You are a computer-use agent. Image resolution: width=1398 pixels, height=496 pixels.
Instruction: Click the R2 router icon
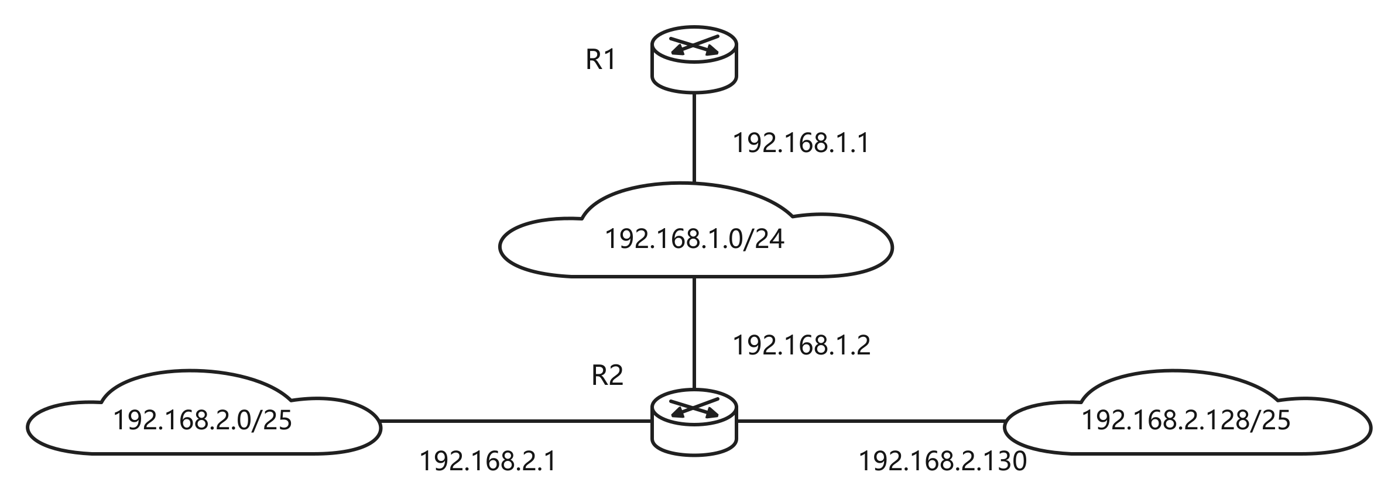pyautogui.click(x=694, y=421)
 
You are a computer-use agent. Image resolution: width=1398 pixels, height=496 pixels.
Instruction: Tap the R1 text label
pyautogui.click(x=601, y=60)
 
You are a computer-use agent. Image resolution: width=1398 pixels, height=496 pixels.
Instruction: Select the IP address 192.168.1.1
pyautogui.click(x=801, y=143)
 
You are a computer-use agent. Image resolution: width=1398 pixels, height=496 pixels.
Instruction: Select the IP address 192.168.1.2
pyautogui.click(x=802, y=346)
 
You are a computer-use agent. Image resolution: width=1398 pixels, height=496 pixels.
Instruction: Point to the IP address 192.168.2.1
pyautogui.click(x=488, y=461)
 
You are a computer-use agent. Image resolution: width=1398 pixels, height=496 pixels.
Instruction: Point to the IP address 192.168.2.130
pyautogui.click(x=943, y=461)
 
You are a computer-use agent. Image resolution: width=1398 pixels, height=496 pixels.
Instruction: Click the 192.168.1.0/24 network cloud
pyautogui.click(x=695, y=230)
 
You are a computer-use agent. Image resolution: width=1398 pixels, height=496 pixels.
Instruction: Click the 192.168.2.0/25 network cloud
pyautogui.click(x=204, y=412)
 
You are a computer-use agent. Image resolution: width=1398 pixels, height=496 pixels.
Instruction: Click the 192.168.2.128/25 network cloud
pyautogui.click(x=1187, y=412)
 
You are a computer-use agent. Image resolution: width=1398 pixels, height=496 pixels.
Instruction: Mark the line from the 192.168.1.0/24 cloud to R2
pyautogui.click(x=694, y=332)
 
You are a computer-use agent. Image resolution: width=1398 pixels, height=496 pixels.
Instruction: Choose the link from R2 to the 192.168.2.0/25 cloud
pyautogui.click(x=516, y=421)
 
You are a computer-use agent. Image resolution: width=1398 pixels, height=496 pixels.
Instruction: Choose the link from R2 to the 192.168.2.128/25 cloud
pyautogui.click(x=871, y=421)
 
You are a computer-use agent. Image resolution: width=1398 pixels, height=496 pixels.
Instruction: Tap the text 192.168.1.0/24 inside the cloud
pyautogui.click(x=694, y=239)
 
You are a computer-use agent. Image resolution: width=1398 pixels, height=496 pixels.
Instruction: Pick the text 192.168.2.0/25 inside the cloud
pyautogui.click(x=203, y=421)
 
